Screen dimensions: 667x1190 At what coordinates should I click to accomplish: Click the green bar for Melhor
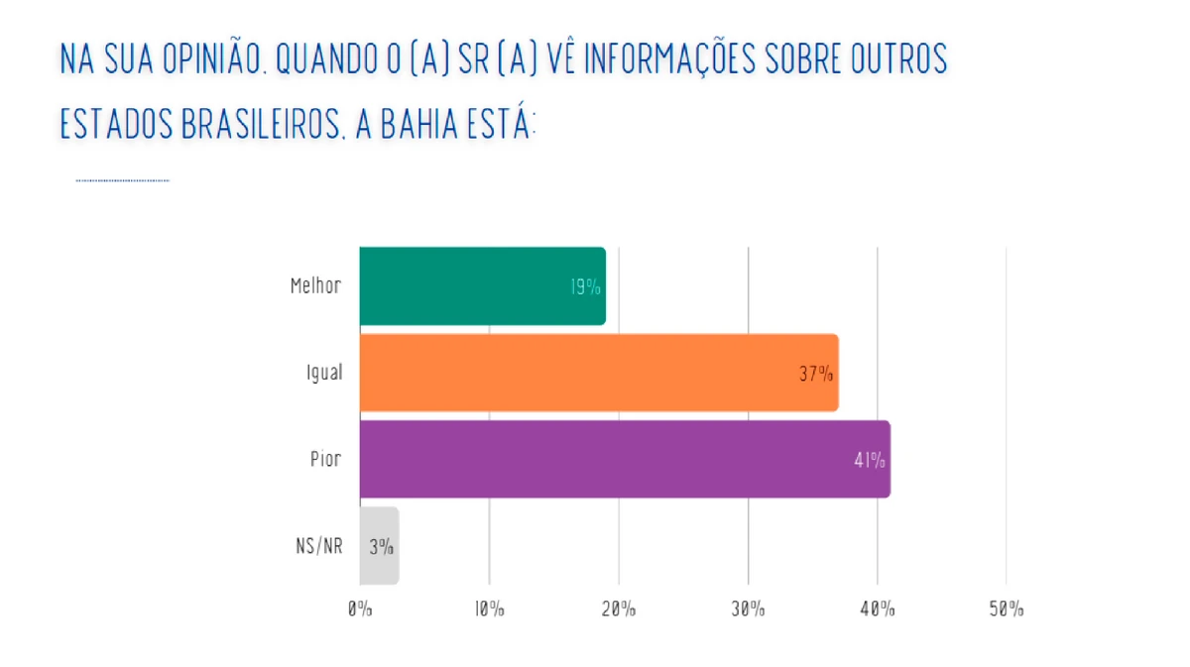coord(482,285)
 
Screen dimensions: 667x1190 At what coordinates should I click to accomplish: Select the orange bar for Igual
coord(599,373)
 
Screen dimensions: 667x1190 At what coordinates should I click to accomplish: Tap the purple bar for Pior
coord(625,459)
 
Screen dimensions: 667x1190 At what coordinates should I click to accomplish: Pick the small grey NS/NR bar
coord(379,545)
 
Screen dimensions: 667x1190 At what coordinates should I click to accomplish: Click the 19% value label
coord(585,287)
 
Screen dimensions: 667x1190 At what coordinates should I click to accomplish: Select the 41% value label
coord(869,460)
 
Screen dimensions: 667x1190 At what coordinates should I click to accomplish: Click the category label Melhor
coord(315,286)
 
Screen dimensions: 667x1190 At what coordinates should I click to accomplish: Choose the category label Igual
coord(323,374)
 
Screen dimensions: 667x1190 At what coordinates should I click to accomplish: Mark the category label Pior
coord(326,460)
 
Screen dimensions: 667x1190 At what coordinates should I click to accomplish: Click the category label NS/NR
coord(319,546)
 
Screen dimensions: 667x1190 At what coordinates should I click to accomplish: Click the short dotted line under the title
coord(122,180)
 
